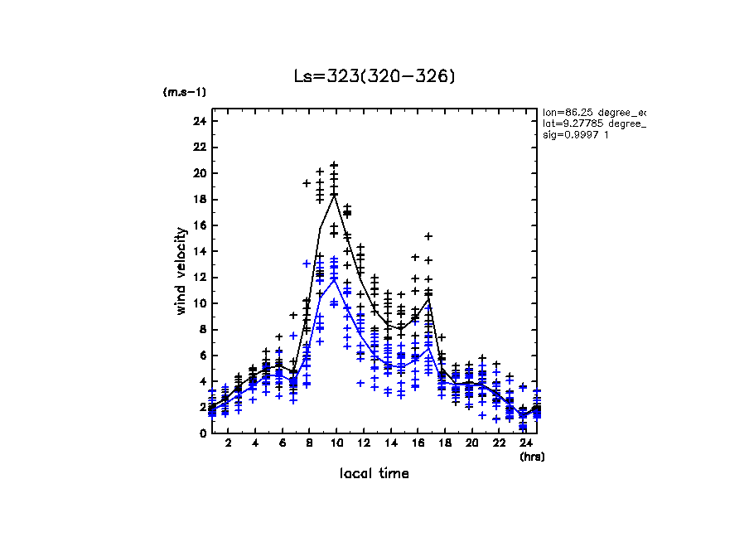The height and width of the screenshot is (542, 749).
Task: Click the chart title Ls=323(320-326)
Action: tap(374, 76)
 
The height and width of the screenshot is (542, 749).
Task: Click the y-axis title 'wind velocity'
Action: tap(181, 271)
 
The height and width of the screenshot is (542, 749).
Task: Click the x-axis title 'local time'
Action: tap(374, 473)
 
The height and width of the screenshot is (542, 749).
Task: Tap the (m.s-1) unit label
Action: tap(184, 92)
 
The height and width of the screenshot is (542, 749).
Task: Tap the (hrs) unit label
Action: tap(532, 456)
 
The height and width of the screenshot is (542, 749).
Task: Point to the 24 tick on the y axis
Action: tap(199, 121)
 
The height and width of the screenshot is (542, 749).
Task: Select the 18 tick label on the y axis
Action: tap(199, 199)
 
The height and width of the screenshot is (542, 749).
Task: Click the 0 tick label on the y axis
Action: tap(202, 433)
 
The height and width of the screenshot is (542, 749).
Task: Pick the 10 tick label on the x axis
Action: tap(334, 444)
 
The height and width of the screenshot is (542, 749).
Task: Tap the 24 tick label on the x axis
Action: tap(524, 444)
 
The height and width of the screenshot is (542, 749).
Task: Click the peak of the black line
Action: tap(334, 194)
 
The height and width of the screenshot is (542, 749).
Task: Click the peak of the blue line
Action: tap(334, 279)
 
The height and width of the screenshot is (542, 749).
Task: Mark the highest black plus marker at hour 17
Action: tap(428, 236)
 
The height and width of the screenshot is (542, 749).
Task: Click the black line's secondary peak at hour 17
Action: tap(428, 298)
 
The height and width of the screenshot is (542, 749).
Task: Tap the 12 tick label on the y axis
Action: tap(199, 277)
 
